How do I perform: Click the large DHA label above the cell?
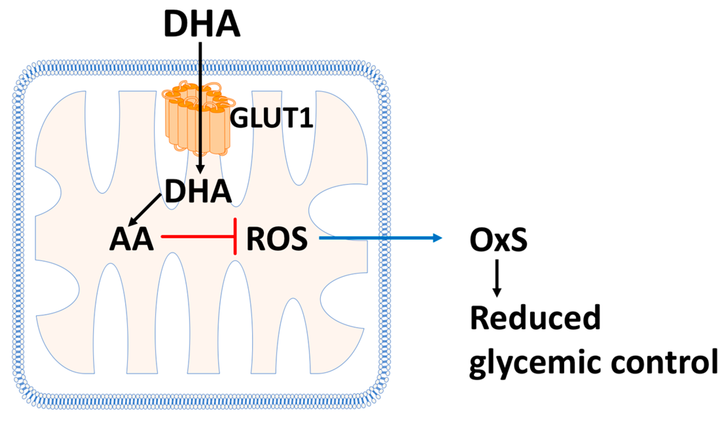[202, 24]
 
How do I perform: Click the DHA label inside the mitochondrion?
[198, 191]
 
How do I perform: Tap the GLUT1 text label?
[272, 118]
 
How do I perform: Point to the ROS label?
[277, 239]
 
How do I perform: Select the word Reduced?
[535, 318]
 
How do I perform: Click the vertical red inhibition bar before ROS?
[235, 237]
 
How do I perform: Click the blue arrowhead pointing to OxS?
[437, 238]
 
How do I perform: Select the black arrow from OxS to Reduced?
[497, 278]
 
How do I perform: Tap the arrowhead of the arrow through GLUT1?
[200, 169]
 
